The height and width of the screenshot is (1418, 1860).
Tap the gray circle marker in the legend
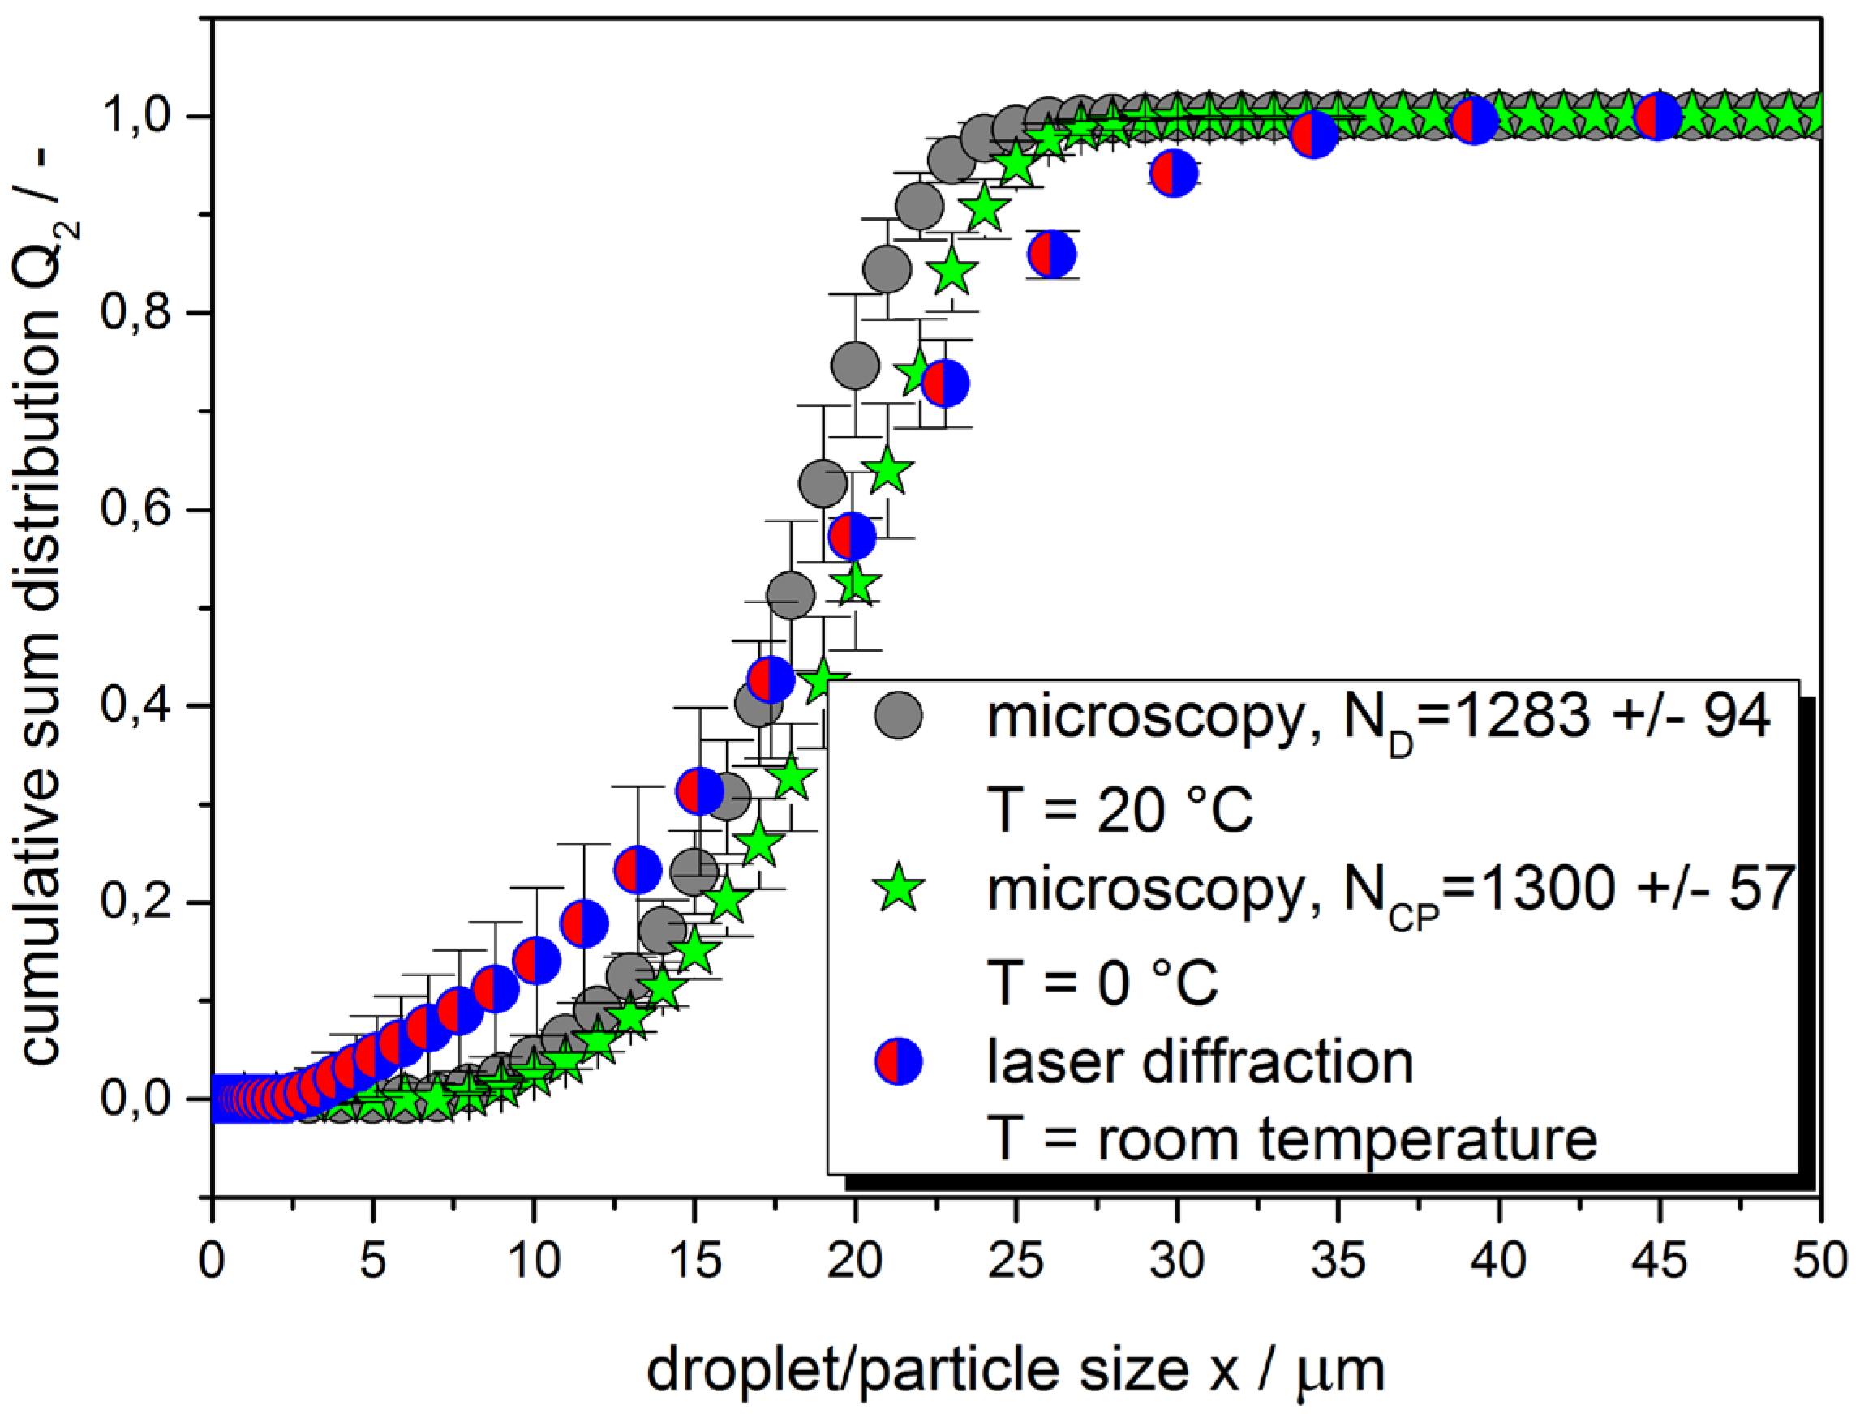point(898,717)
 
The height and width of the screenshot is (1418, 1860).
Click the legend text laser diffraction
point(1199,1062)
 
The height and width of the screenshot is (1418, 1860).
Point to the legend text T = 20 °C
point(1119,809)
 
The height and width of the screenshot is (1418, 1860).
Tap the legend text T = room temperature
point(1292,1138)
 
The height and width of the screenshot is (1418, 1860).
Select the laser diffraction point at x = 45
point(1658,118)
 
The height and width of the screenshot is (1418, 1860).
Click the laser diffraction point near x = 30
point(1174,173)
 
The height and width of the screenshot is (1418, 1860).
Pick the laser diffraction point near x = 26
point(1052,253)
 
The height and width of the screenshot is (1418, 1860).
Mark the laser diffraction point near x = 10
point(536,960)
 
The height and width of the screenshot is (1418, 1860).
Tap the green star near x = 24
point(985,208)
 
